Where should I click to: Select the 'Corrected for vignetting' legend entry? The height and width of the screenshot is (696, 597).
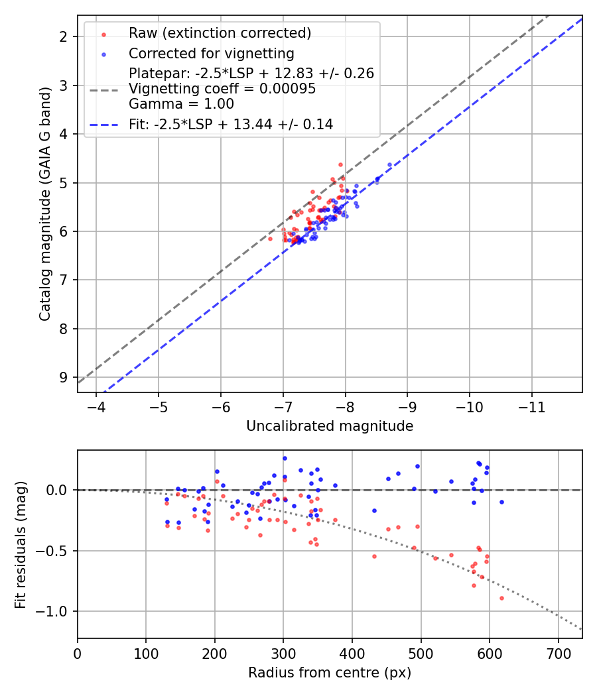point(211,53)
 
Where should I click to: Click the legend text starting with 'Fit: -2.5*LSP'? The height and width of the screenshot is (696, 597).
point(231,124)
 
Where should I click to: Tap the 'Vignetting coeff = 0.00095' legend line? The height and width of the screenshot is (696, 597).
point(222,89)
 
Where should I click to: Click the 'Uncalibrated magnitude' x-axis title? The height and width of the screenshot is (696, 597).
point(330,426)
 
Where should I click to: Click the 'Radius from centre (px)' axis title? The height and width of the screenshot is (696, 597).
point(330,673)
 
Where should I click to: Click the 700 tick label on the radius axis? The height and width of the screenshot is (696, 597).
point(558,653)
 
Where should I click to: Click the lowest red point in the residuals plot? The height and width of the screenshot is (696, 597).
point(501,598)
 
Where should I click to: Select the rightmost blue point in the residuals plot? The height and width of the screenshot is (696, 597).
point(501,502)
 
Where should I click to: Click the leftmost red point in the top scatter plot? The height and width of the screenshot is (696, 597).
point(270,239)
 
